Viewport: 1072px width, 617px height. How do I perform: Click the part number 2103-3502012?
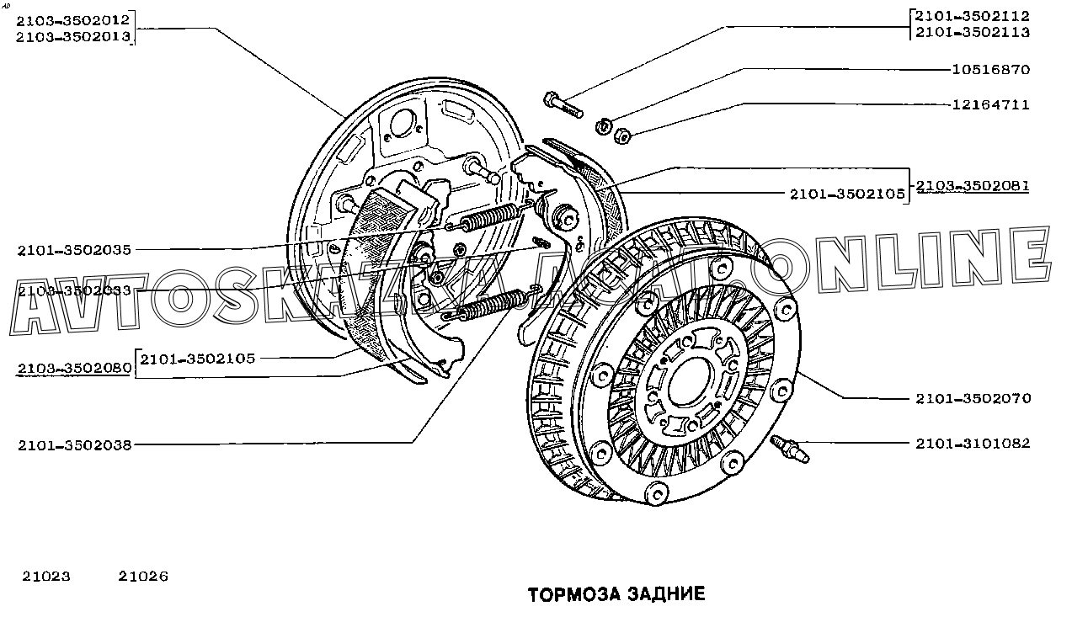[73, 19]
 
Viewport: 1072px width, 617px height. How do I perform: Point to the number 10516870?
[990, 70]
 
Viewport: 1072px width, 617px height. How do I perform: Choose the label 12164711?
[990, 105]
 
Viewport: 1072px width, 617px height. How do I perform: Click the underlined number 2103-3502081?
[972, 185]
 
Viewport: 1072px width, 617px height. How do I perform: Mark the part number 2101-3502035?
[74, 250]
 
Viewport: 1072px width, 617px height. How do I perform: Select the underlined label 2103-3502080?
[74, 369]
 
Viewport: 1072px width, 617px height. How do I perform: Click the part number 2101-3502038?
[74, 445]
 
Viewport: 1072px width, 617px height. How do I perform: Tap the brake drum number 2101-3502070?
[973, 398]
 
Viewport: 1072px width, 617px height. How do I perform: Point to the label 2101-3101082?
[973, 443]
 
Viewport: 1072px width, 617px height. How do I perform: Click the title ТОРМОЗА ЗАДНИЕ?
[616, 594]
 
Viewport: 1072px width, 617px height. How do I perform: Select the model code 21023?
[45, 577]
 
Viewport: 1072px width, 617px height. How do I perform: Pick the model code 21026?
[143, 577]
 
